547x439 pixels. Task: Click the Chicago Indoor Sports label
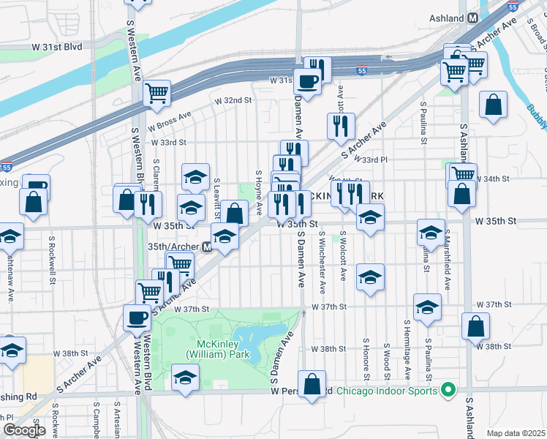(x=388, y=391)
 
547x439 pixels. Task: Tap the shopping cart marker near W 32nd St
(x=156, y=94)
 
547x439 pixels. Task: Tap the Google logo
(x=24, y=430)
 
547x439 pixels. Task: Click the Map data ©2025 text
(x=516, y=433)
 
